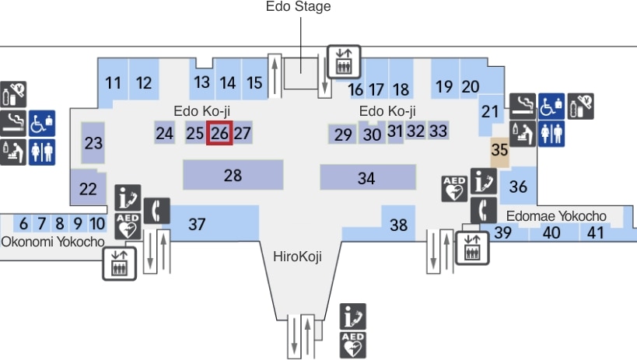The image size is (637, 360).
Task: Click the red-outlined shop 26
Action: click(220, 133)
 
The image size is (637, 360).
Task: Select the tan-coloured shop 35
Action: click(499, 151)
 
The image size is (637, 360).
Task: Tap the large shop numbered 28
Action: click(233, 175)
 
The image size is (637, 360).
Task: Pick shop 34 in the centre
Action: click(366, 178)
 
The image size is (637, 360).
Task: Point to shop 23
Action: click(93, 143)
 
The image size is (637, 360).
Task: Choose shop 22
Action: click(88, 187)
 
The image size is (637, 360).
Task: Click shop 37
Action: click(198, 225)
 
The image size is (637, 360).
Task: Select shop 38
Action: click(398, 225)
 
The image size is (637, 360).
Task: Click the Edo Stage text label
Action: click(298, 7)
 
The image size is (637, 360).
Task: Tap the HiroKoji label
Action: click(297, 257)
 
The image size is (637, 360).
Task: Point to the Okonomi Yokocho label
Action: click(52, 242)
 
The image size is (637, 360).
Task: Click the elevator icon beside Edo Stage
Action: click(343, 61)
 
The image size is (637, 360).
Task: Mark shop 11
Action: click(114, 83)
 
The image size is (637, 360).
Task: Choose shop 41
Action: click(596, 232)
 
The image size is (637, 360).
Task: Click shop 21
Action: click(489, 112)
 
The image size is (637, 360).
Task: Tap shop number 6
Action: click(23, 224)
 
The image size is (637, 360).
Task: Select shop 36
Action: click(518, 187)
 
